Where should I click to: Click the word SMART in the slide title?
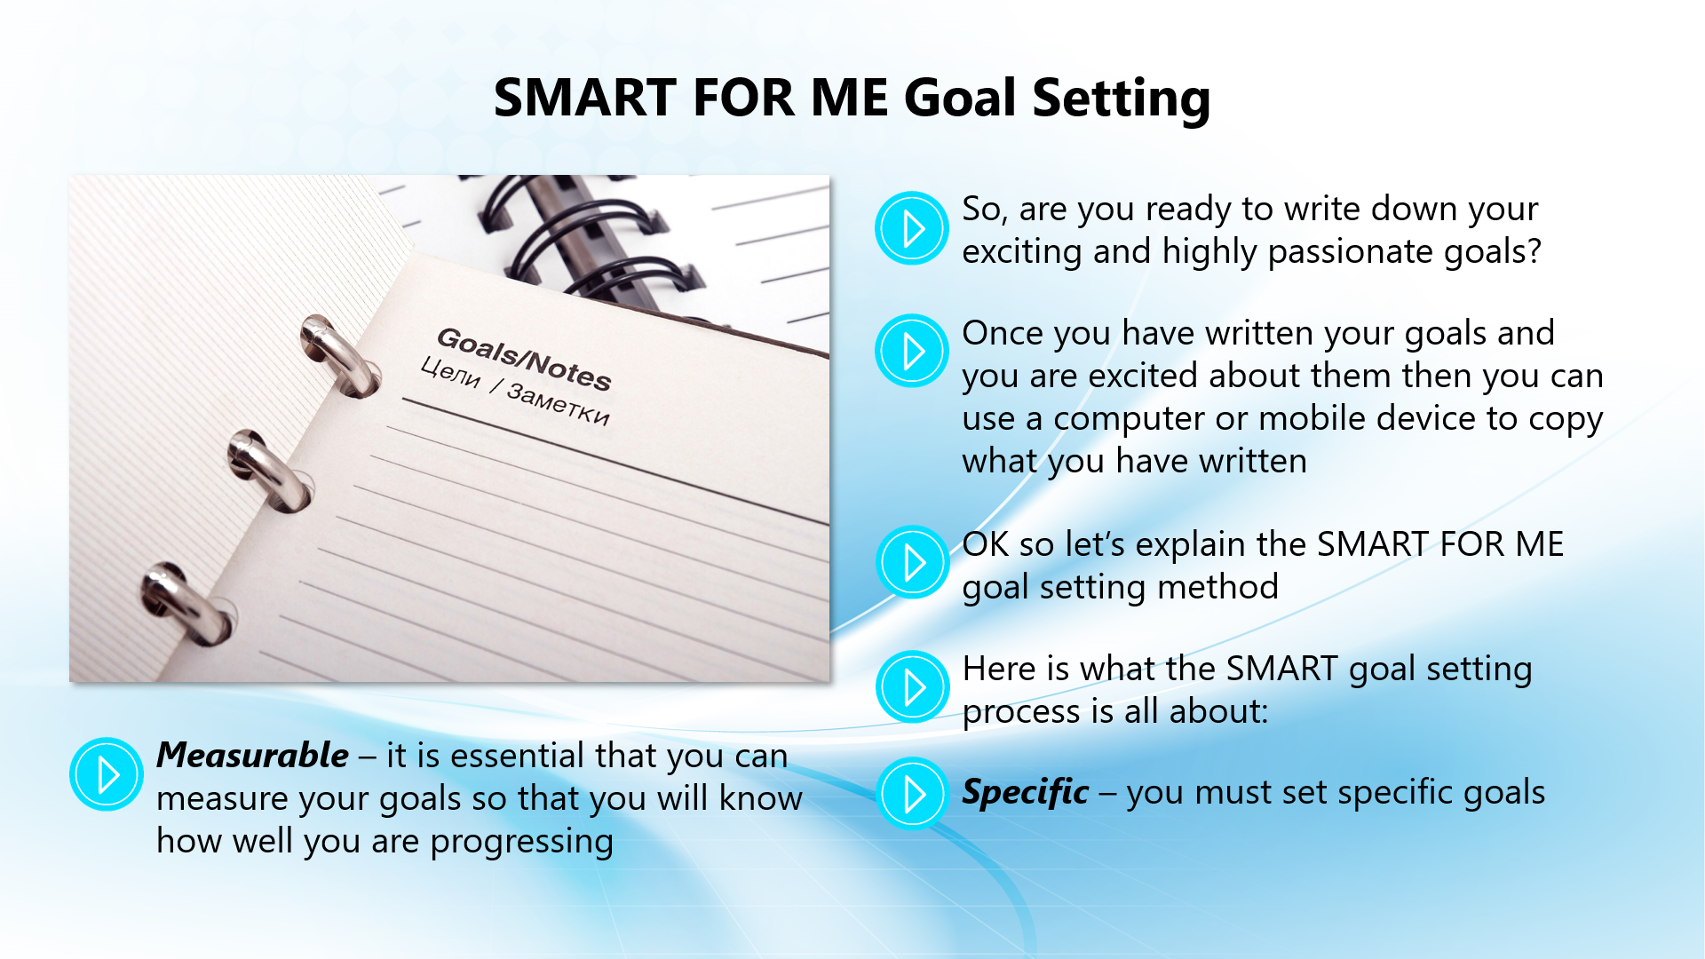[585, 97]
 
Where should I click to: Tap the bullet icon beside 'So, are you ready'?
[912, 228]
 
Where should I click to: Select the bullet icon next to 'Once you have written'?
[912, 351]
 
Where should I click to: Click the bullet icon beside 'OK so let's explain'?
[913, 562]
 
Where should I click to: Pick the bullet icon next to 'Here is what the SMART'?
[913, 686]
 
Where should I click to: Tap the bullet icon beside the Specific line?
[913, 793]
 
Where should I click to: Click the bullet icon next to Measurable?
[107, 774]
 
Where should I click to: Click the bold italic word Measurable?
[252, 756]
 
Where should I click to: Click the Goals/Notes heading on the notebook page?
[524, 359]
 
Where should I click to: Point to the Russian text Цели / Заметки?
[515, 392]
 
